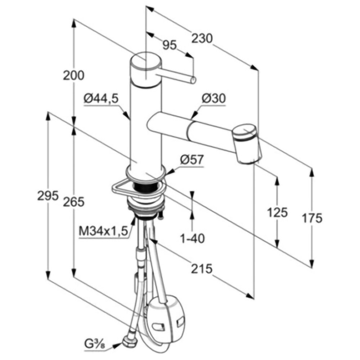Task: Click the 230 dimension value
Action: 202,39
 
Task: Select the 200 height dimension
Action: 74,75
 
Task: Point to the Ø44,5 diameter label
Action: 101,99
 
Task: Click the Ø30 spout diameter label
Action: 214,99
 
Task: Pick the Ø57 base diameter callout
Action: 192,159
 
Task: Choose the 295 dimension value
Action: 48,196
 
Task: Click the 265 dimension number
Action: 74,202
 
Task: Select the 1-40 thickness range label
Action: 192,239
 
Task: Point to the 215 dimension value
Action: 202,269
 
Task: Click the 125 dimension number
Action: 277,212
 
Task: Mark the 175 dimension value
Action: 312,218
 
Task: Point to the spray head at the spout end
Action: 247,144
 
